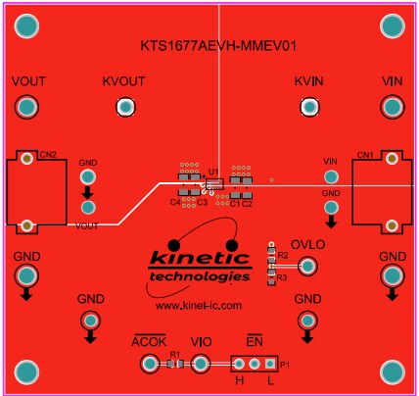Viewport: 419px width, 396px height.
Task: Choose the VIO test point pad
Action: [x=201, y=365]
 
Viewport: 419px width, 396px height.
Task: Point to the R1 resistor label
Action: [x=175, y=354]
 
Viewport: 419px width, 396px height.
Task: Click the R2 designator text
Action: [x=283, y=255]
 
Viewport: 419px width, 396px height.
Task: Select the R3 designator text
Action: [x=282, y=278]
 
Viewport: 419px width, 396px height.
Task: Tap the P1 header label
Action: [x=285, y=365]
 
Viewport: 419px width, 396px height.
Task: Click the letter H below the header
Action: [x=239, y=379]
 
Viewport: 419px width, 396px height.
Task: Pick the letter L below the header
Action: [x=270, y=379]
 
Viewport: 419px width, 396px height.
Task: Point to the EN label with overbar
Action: [x=255, y=340]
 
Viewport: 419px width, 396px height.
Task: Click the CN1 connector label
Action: [x=364, y=155]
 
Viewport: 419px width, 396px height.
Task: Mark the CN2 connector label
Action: [x=47, y=155]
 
